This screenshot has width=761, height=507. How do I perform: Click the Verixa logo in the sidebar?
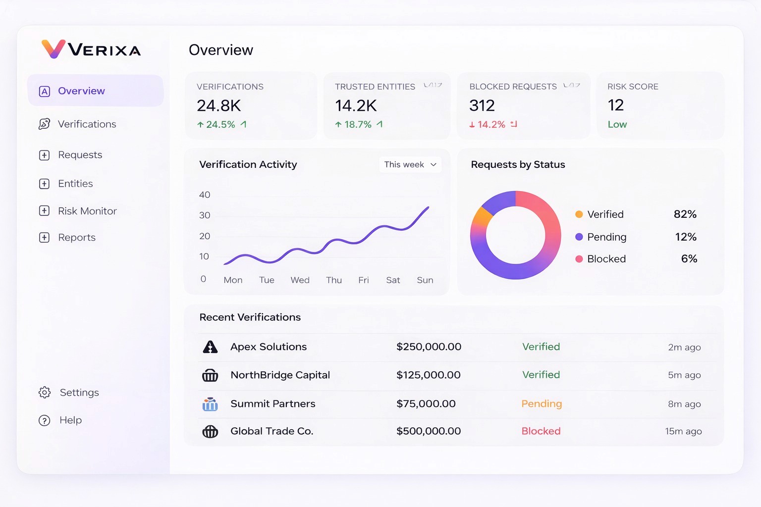tap(91, 50)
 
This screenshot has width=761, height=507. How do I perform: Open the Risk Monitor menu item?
tap(87, 211)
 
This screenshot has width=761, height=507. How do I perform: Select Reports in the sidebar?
tap(76, 238)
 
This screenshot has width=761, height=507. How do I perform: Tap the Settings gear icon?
tap(45, 393)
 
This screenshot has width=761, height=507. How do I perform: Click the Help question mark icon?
tap(45, 420)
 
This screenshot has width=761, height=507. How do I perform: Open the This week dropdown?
tap(410, 164)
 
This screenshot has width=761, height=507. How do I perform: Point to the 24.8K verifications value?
tap(218, 105)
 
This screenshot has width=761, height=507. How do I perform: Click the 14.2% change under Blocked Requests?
tap(491, 125)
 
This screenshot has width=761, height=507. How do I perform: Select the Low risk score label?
tap(617, 124)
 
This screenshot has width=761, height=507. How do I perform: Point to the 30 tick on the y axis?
tap(205, 215)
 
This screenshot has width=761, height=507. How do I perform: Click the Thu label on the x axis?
tap(334, 280)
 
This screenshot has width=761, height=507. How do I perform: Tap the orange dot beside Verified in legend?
tap(579, 214)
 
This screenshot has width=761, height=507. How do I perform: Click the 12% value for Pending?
tap(686, 237)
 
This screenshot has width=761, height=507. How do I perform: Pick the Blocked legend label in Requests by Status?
tap(606, 259)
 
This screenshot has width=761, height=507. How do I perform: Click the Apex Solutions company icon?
tap(210, 347)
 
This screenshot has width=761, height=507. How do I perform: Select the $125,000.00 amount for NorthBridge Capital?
tap(428, 375)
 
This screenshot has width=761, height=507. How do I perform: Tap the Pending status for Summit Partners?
tap(542, 404)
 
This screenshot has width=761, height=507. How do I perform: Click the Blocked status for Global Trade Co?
tap(541, 431)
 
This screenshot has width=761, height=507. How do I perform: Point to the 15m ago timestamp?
tap(683, 431)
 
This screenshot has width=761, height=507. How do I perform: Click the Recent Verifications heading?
tap(250, 317)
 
